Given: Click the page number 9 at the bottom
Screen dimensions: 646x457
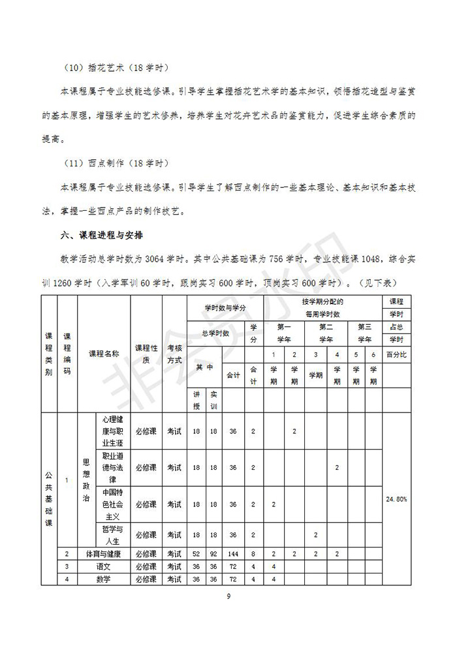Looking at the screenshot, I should coord(228,596).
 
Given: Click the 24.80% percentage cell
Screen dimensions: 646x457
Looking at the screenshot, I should coord(395,499).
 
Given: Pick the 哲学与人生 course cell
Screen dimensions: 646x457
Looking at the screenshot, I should coord(113,535).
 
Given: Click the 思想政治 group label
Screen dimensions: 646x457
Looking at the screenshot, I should coord(86,480).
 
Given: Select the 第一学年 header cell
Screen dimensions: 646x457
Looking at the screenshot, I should coord(285,333).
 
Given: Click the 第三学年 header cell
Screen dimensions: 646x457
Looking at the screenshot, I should coord(366,333).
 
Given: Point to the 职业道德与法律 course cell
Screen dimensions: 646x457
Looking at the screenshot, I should coord(113,467).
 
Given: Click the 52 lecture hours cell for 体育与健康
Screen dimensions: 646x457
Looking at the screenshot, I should coord(197,554).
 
